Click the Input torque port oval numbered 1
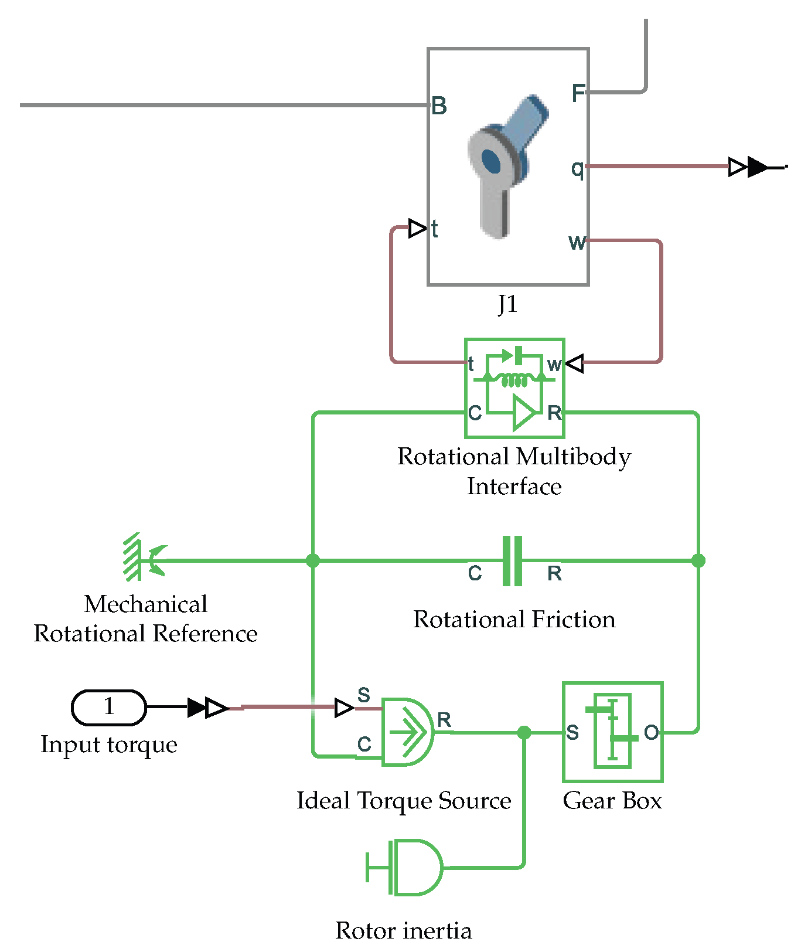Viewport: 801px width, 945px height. coord(108,707)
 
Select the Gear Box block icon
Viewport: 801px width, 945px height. coord(612,732)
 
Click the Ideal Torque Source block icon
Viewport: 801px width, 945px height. coord(407,732)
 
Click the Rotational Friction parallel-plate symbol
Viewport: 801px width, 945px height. coord(512,560)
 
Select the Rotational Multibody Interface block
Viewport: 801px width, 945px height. coord(514,388)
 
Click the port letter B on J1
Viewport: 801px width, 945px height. coord(439,107)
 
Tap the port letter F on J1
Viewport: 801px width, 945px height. coord(578,93)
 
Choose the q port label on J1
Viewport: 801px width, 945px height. coord(577,168)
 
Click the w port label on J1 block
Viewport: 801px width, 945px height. coord(577,242)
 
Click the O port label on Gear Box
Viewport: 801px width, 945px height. coord(651,732)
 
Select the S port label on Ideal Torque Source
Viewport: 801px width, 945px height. coord(364,695)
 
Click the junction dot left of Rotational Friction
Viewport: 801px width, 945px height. coord(313,560)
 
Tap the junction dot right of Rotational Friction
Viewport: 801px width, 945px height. coord(698,560)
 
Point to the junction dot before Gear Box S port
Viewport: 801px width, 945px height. coord(524,732)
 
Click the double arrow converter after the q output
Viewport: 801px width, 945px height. coord(748,167)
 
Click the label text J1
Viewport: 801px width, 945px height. coord(507,304)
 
